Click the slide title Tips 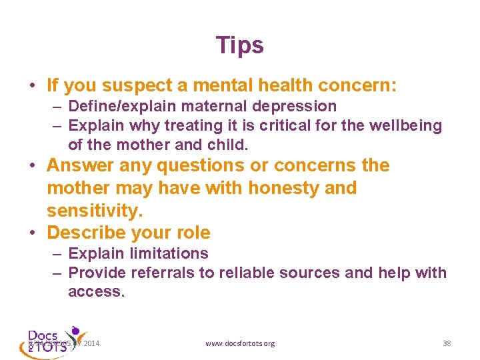pyautogui.click(x=240, y=45)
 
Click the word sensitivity pyautogui.click(x=95, y=211)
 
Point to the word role pyautogui.click(x=192, y=233)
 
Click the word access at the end pyautogui.click(x=96, y=292)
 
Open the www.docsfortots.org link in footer pyautogui.click(x=240, y=343)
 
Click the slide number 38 pyautogui.click(x=447, y=343)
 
